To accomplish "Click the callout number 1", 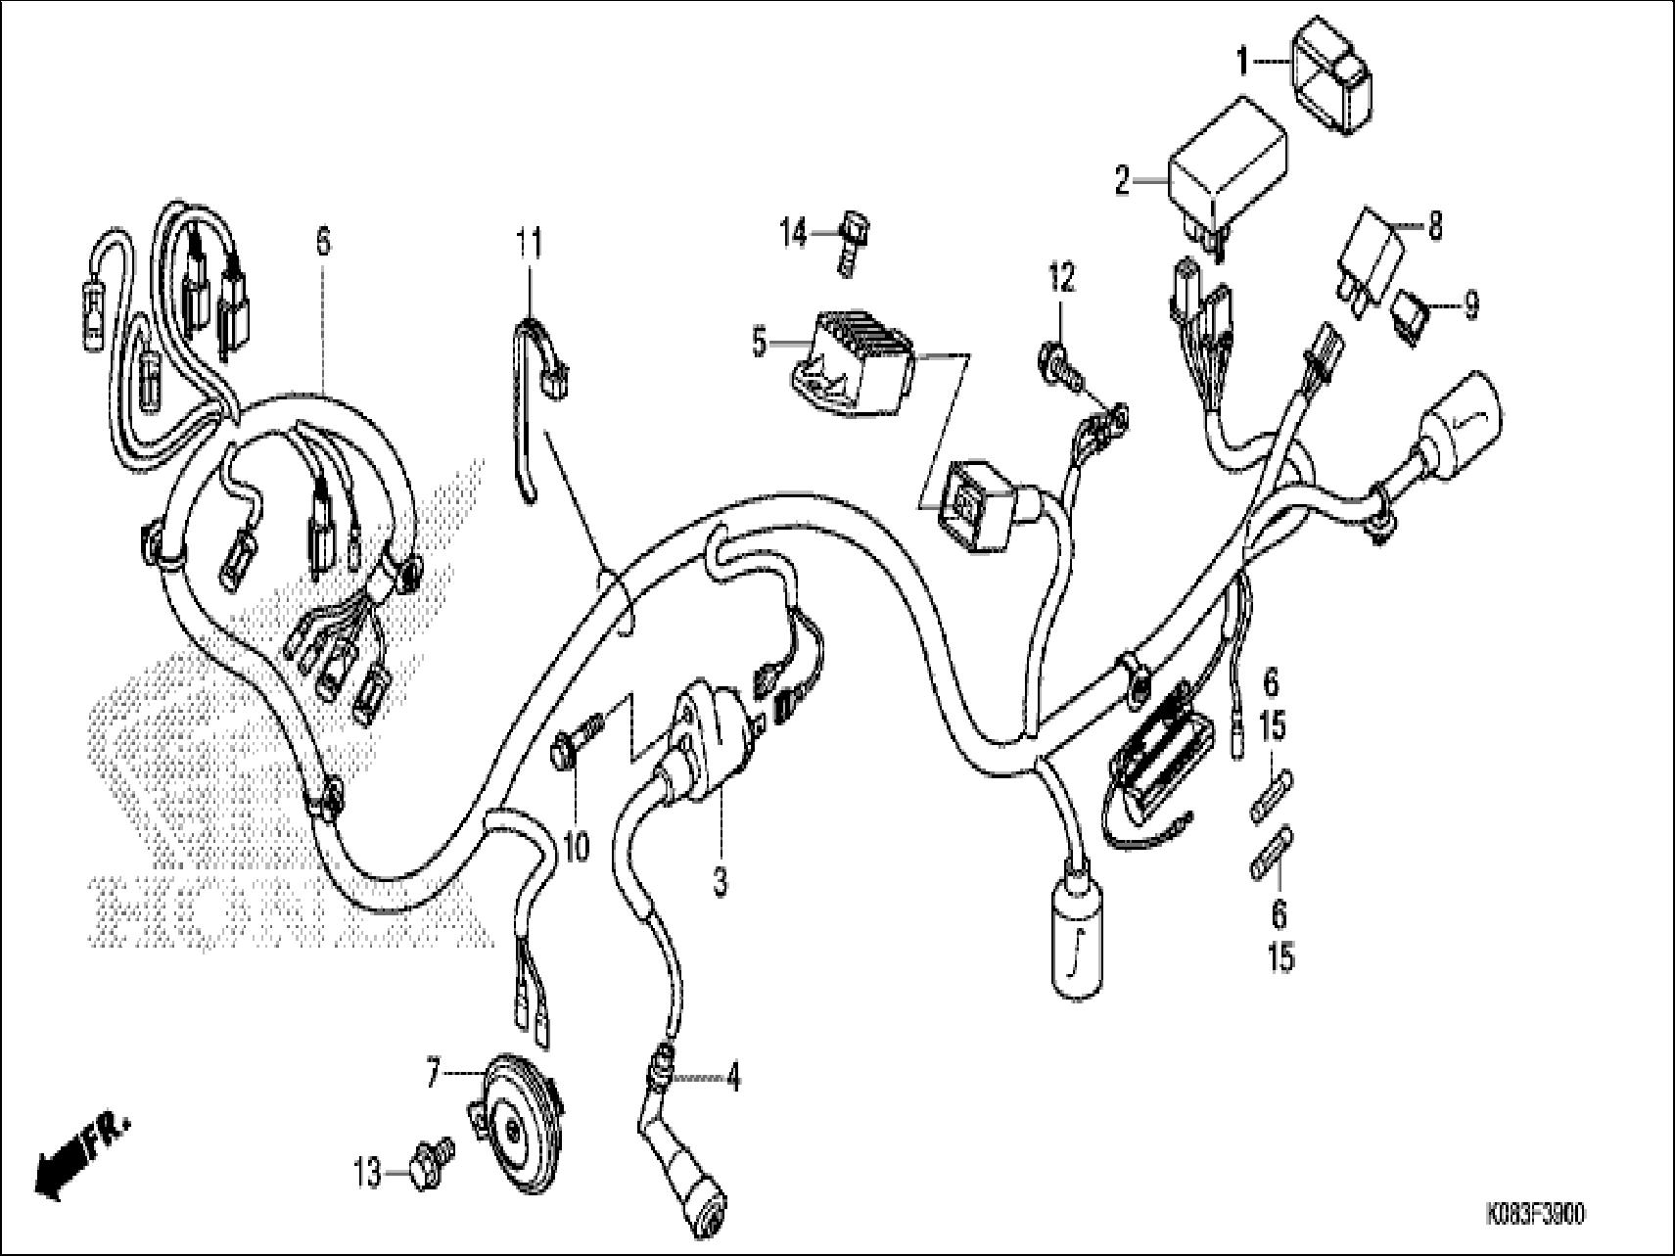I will (x=1242, y=64).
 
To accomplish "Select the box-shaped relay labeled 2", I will (x=1227, y=168).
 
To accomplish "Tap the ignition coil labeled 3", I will (x=698, y=744).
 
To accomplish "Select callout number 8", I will (x=1435, y=227).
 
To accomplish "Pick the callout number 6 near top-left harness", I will (x=323, y=240).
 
